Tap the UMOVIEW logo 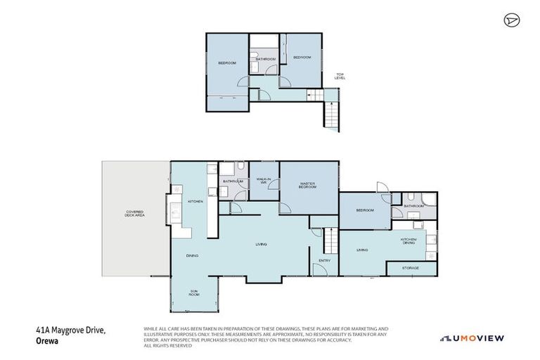(x=472, y=338)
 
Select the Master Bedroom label (x=307, y=186)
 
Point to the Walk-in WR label (x=264, y=181)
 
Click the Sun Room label (x=193, y=292)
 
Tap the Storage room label (x=411, y=268)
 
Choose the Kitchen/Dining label (x=409, y=241)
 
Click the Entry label (x=324, y=261)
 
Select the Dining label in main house (x=192, y=255)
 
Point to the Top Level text (x=340, y=76)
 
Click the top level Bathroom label (x=265, y=59)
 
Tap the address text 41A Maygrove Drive (x=70, y=330)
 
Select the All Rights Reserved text (x=167, y=346)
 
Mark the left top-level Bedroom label (x=227, y=63)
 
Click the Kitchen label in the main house (x=195, y=202)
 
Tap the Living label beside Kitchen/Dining (x=362, y=250)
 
